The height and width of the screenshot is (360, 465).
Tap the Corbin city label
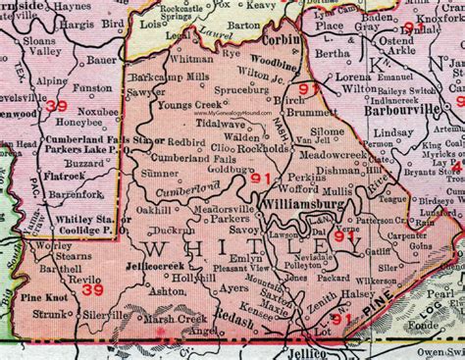tap(283, 44)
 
